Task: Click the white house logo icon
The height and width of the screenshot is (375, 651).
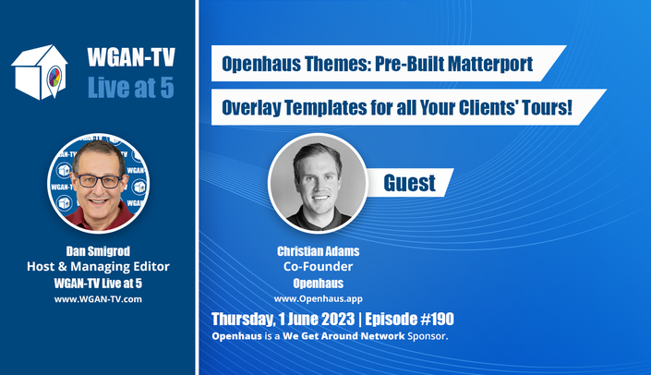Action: tap(40, 72)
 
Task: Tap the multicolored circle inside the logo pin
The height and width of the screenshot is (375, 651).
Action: tap(54, 77)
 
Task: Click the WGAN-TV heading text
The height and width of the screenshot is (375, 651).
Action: tap(131, 57)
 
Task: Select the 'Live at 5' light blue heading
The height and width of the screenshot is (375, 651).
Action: tap(131, 88)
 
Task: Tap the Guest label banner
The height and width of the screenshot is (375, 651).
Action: tap(409, 183)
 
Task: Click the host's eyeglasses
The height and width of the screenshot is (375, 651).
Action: tap(99, 181)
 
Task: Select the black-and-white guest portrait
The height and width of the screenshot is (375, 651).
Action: tap(318, 183)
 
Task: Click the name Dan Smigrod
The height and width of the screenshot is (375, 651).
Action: tap(98, 251)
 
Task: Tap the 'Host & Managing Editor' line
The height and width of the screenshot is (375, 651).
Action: tap(99, 267)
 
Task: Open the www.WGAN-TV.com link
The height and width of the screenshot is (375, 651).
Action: tap(98, 299)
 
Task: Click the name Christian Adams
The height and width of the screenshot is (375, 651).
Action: tap(318, 251)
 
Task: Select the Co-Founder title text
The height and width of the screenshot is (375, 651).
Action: tap(318, 267)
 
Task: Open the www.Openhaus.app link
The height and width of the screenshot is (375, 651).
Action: tap(318, 298)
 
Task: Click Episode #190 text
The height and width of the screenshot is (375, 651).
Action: tap(409, 319)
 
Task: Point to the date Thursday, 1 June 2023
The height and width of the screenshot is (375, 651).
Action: tap(283, 319)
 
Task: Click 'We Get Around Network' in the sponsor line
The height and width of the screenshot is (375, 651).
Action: tap(344, 336)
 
